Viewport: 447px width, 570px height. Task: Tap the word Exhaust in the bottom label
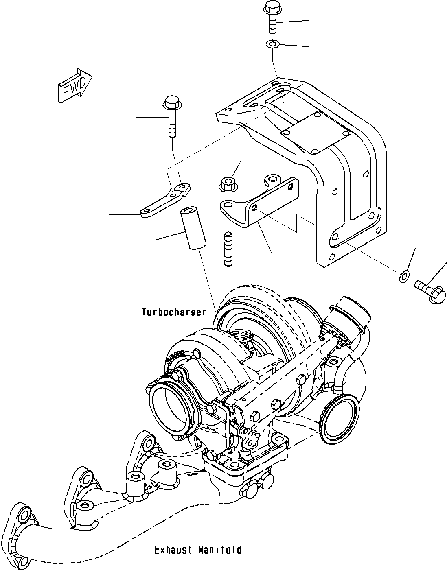[x=173, y=550]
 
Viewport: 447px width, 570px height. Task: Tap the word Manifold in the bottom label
[x=220, y=550]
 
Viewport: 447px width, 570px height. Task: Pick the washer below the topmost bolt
[x=272, y=44]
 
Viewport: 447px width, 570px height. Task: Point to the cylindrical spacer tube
[x=193, y=228]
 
